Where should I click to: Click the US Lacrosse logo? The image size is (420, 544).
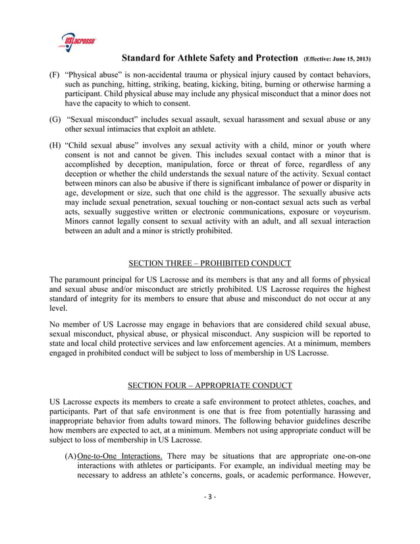pyautogui.click(x=77, y=41)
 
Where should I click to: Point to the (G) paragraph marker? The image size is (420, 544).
pyautogui.click(x=55, y=120)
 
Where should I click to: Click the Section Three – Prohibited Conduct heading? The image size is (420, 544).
pyautogui.click(x=209, y=264)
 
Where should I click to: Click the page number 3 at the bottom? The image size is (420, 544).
pyautogui.click(x=209, y=516)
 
